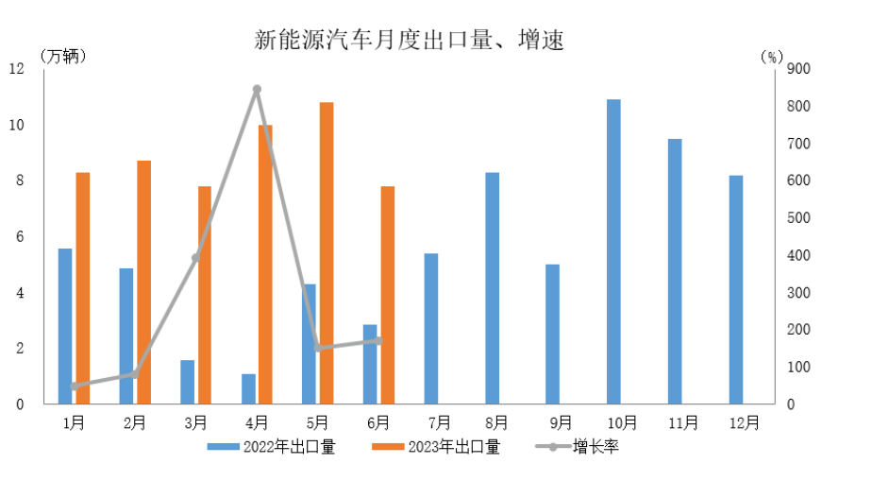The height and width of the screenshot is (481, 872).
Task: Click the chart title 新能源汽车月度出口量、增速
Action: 409,41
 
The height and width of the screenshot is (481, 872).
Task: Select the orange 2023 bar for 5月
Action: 327,253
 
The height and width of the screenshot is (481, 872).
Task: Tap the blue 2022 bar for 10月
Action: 613,251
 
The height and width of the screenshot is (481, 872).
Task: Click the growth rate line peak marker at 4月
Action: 257,90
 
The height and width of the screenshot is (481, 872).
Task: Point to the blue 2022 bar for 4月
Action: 248,389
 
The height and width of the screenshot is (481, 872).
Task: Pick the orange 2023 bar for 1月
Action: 83,288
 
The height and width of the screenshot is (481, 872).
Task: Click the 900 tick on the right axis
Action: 798,69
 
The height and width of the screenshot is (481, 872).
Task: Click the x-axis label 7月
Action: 438,422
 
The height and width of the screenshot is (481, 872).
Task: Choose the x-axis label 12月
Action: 743,422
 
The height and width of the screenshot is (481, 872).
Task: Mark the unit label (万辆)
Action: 64,56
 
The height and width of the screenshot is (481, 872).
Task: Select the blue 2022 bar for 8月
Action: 492,288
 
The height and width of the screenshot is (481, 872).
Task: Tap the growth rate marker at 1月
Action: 74,386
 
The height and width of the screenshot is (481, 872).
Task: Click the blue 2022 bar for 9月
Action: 553,335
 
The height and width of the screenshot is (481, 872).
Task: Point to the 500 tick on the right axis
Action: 798,218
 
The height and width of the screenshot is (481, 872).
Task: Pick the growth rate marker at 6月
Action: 378,340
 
